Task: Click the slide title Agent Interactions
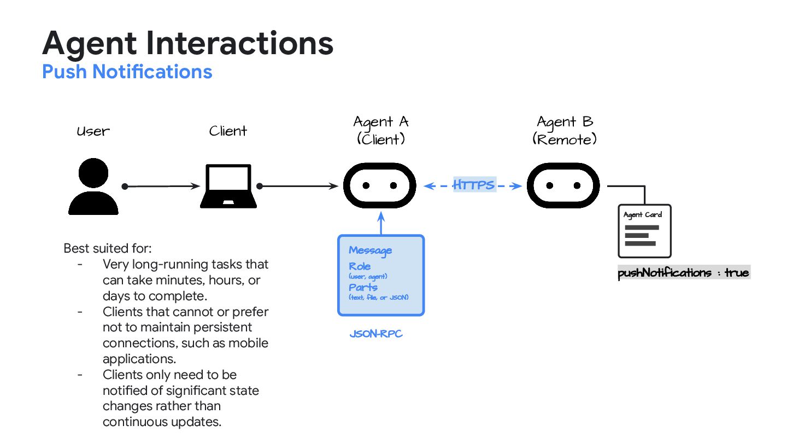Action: click(187, 43)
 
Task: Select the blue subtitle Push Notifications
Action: click(127, 72)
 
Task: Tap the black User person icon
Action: click(93, 187)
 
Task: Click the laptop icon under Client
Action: click(228, 186)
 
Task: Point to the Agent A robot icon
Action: click(379, 186)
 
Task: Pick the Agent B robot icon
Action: click(563, 186)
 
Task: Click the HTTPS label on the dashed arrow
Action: click(473, 185)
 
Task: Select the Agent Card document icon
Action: click(644, 231)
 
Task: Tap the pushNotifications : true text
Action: click(683, 272)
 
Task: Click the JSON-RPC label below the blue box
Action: click(376, 333)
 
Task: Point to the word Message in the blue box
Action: click(370, 250)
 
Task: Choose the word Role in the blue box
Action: click(360, 266)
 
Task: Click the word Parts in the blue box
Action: click(363, 287)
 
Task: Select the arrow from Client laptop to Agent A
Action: click(298, 186)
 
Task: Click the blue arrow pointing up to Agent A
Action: click(381, 224)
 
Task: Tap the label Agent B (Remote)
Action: click(565, 130)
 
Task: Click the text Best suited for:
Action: click(107, 248)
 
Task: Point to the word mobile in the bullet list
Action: click(251, 343)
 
